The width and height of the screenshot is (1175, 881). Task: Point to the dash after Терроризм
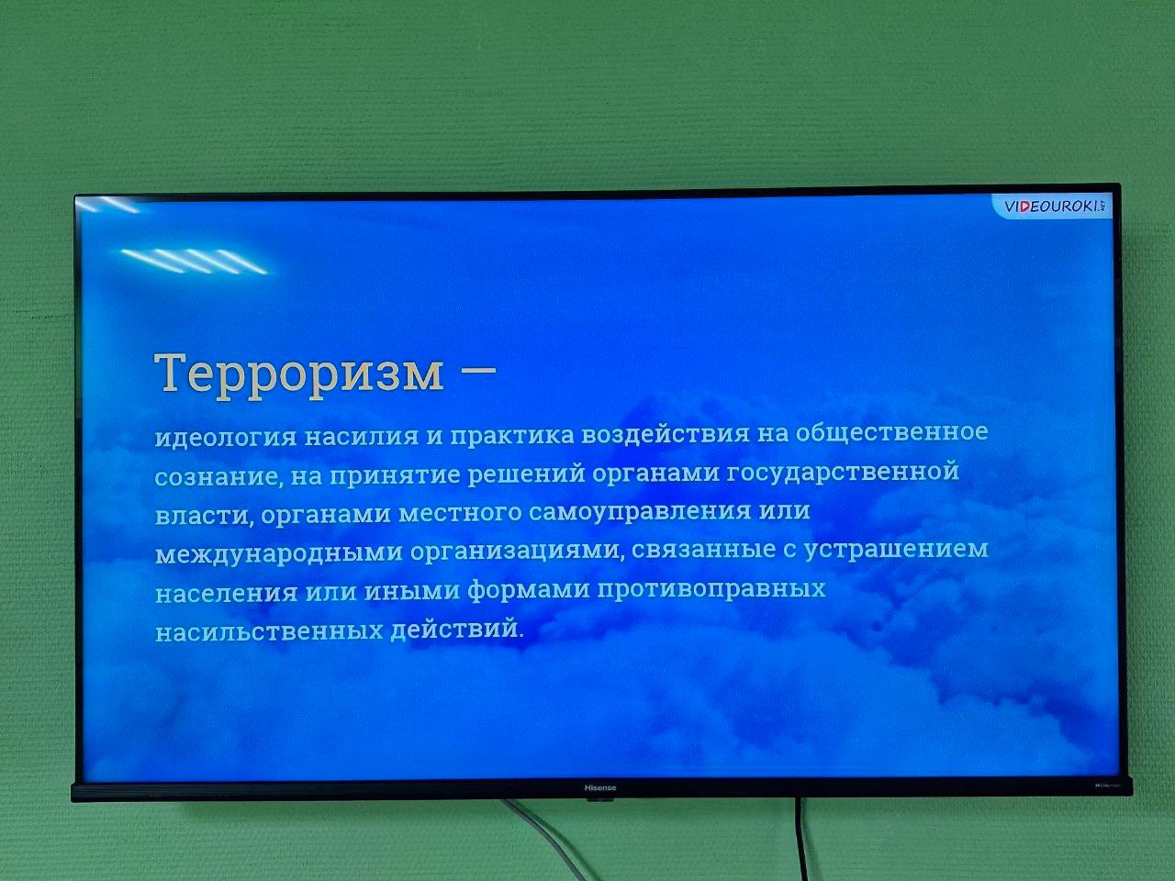478,369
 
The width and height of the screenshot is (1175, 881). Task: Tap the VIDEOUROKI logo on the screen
1052,206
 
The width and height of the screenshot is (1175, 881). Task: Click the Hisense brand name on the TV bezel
599,787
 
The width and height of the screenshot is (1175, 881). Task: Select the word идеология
226,437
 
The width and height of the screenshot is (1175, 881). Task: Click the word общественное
891,430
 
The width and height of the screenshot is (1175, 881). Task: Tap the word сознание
218,477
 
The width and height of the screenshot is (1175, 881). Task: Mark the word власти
204,516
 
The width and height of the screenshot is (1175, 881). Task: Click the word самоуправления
639,512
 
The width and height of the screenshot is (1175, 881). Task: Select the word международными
278,553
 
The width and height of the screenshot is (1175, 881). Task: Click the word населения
226,593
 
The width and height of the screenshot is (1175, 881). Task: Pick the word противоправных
711,589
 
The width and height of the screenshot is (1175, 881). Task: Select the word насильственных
269,631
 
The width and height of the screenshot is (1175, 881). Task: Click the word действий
456,628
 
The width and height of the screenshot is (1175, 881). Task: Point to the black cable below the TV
800,840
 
